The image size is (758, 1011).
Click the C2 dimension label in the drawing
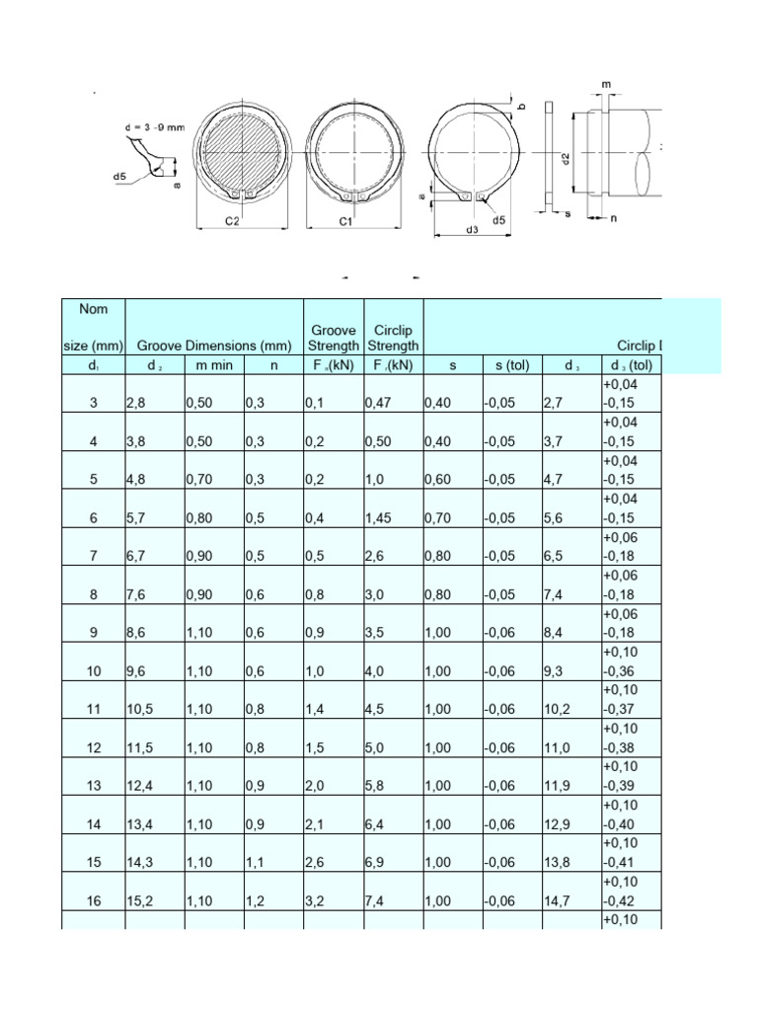tap(232, 222)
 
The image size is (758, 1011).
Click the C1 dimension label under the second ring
tap(346, 222)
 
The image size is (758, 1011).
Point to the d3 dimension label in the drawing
tap(472, 230)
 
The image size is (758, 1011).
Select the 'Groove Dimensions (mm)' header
tap(214, 347)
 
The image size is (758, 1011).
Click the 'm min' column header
tap(213, 365)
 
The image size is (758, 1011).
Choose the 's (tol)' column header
tap(512, 365)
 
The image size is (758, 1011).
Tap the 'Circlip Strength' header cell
tap(393, 338)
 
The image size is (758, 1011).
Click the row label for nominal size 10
tap(94, 671)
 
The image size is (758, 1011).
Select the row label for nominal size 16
tap(94, 901)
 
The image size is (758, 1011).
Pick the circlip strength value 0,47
tap(379, 404)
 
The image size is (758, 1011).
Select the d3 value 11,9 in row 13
tap(558, 787)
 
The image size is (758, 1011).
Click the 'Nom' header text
tap(93, 309)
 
